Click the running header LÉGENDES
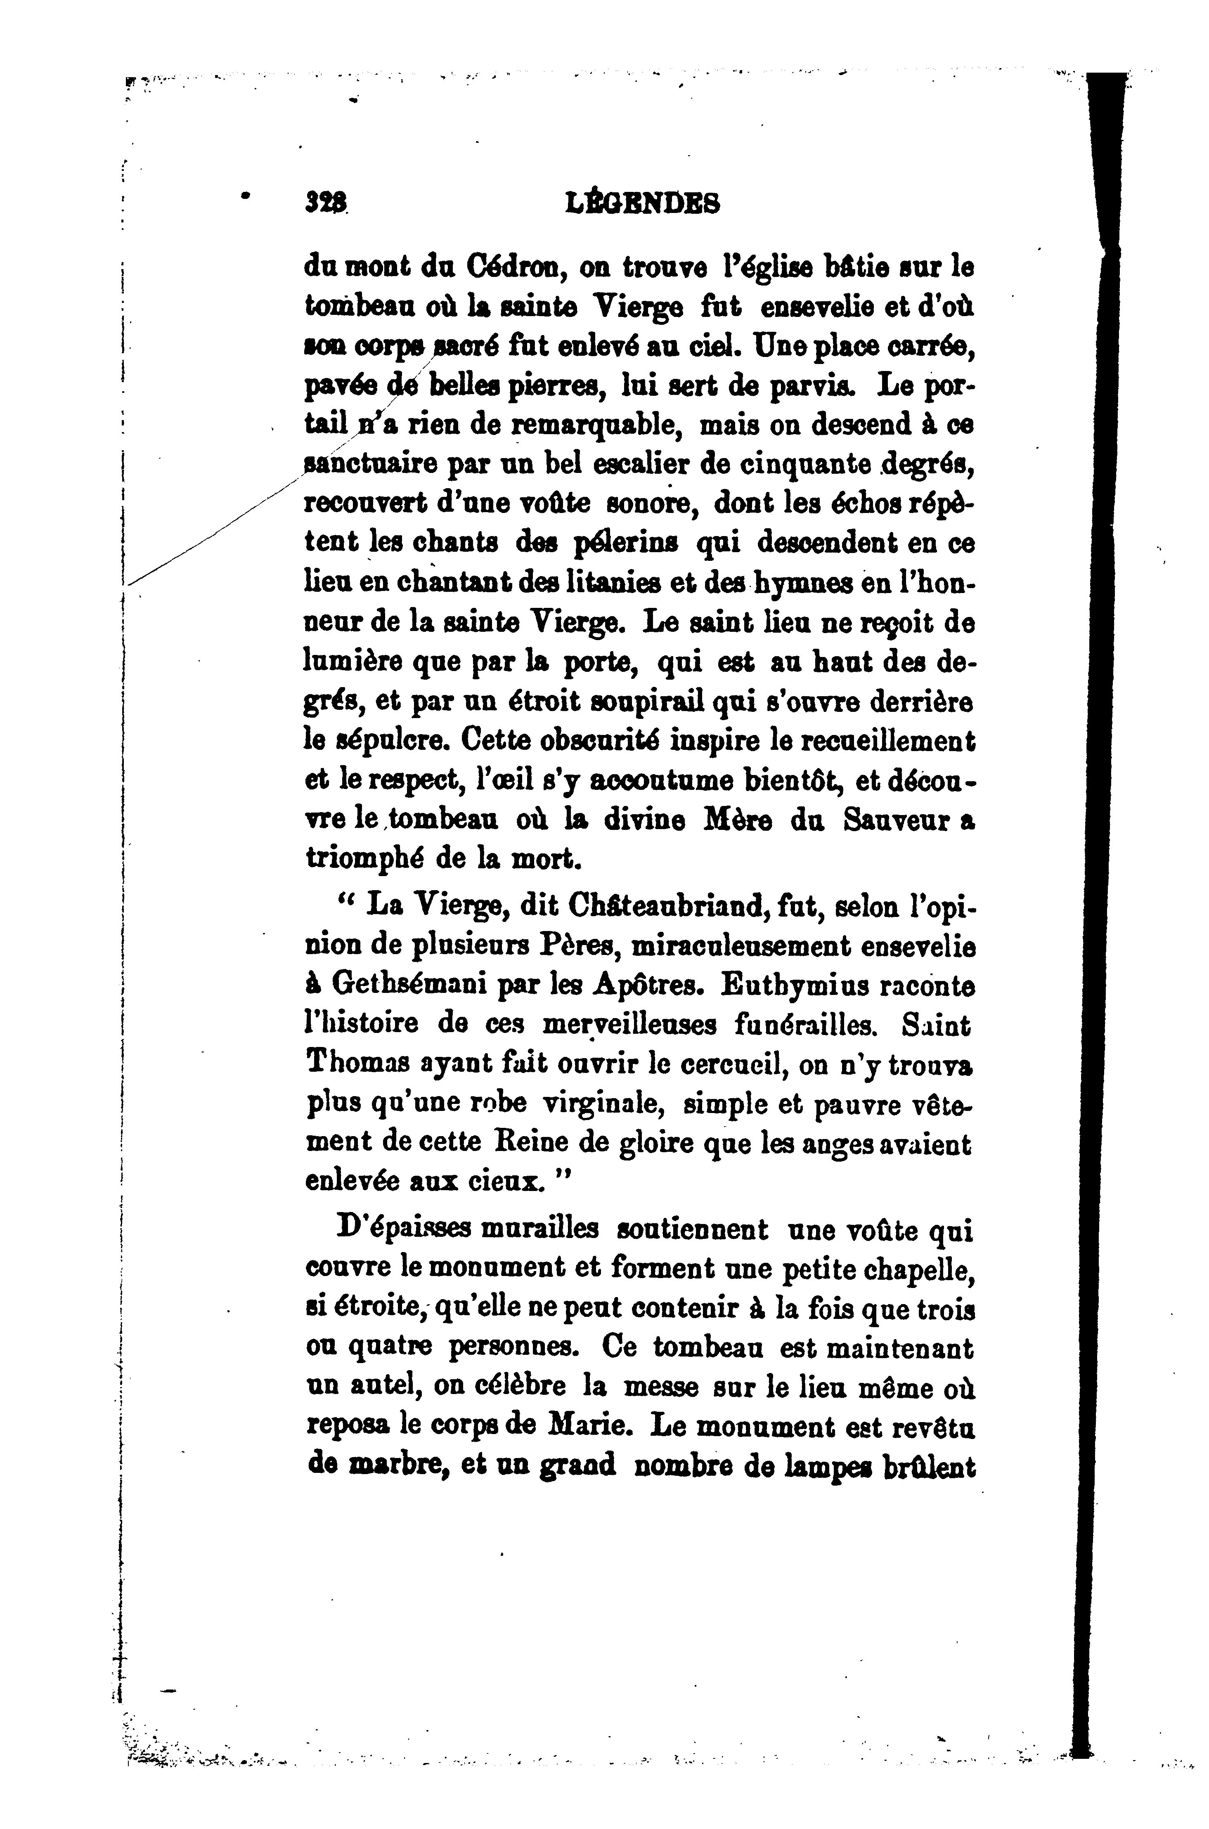click(643, 204)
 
